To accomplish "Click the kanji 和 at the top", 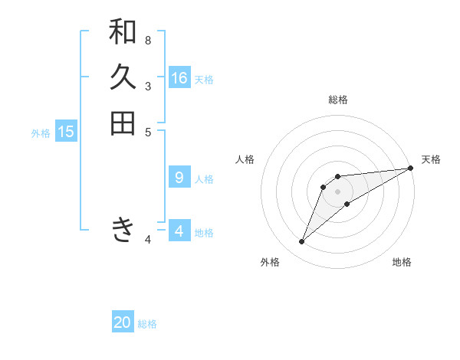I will (123, 31).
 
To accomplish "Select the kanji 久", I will (123, 77).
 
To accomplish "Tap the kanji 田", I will (123, 123).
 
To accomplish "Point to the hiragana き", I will (123, 230).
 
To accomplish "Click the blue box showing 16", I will (179, 78).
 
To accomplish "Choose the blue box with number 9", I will (179, 178).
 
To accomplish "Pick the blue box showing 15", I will (66, 132).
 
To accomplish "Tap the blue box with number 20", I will (123, 322).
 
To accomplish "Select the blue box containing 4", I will (179, 231).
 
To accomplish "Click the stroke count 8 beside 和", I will (148, 40).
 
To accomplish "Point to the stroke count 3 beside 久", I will (148, 86).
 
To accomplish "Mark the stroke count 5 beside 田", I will (148, 132).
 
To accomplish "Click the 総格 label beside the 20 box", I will (147, 324).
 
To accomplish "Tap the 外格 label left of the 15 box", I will (41, 133).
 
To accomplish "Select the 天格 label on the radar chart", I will (431, 159).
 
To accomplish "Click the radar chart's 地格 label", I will (402, 262).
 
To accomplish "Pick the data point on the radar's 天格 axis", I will (410, 168).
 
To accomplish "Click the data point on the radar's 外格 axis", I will (302, 242).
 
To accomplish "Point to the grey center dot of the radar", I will (337, 191).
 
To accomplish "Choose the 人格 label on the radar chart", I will (245, 159).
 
